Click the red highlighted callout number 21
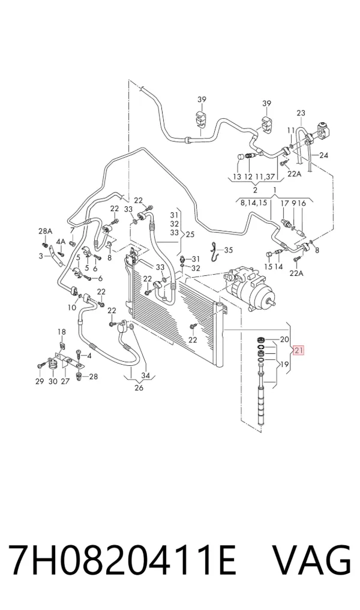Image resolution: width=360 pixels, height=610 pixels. (x=299, y=350)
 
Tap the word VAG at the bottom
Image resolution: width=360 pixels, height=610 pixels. (x=311, y=560)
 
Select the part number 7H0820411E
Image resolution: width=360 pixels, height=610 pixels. (x=122, y=560)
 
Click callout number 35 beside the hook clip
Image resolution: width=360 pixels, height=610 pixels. (x=228, y=250)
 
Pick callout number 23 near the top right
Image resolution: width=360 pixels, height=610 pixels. (x=301, y=113)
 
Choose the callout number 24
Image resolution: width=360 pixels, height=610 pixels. (x=323, y=155)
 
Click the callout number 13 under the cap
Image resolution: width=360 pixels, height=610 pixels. (x=237, y=176)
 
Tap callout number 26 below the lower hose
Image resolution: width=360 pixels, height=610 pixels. (x=139, y=387)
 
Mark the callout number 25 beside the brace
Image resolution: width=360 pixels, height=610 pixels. (x=190, y=235)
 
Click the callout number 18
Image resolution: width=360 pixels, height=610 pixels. (x=62, y=332)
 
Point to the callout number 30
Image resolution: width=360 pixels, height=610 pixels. (x=53, y=381)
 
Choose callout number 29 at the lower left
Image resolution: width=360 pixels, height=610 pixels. (x=40, y=381)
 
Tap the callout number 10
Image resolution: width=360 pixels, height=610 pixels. (x=72, y=307)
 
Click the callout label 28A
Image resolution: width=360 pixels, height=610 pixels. (x=45, y=232)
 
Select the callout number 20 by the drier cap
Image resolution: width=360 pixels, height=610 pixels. (x=284, y=339)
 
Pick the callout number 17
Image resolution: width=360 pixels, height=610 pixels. (x=285, y=203)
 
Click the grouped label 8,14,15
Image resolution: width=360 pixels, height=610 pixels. (x=253, y=203)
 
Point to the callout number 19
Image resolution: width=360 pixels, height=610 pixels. (x=284, y=365)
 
